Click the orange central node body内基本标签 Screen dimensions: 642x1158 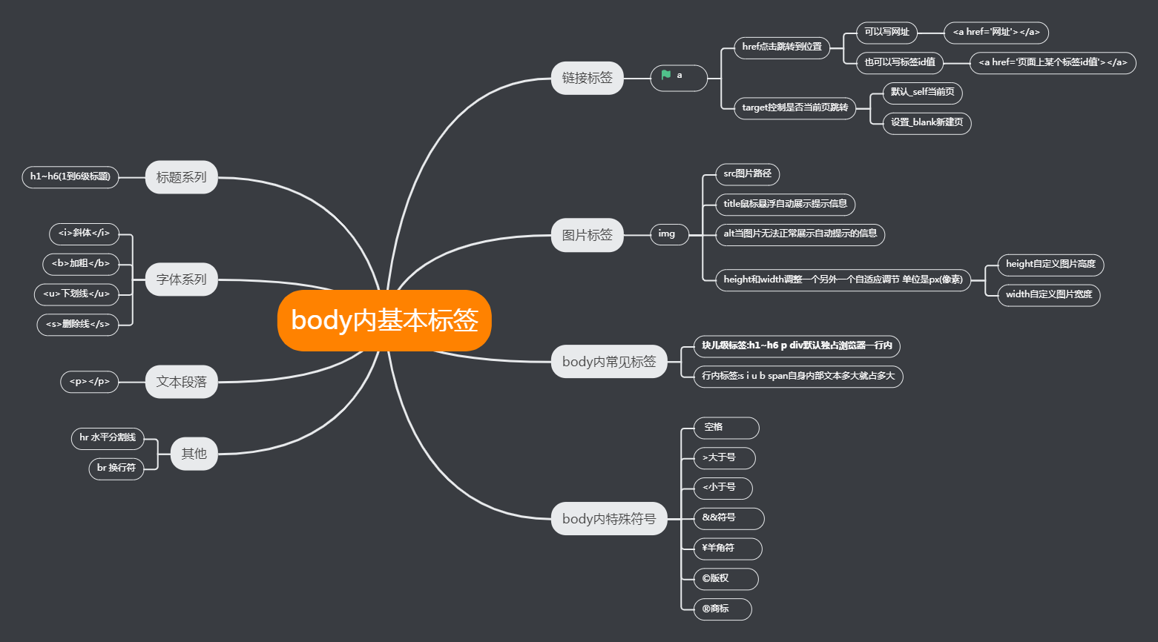384,320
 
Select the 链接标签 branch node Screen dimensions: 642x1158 587,78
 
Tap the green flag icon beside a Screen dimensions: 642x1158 665,75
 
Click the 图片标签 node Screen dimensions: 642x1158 587,235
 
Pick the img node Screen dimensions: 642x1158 667,234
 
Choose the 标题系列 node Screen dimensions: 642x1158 181,177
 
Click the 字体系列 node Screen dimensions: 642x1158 181,279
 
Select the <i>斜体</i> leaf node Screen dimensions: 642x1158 84,233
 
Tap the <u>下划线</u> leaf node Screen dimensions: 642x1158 76,294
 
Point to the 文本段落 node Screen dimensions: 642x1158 181,382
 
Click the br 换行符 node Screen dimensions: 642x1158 116,468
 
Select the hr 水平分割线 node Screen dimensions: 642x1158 108,437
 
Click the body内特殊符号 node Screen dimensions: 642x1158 609,519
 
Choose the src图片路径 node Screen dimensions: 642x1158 747,173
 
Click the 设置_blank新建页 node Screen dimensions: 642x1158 927,122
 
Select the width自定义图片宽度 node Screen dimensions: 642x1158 1048,294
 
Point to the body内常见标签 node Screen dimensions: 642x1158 609,362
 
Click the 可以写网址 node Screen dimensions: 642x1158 886,32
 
